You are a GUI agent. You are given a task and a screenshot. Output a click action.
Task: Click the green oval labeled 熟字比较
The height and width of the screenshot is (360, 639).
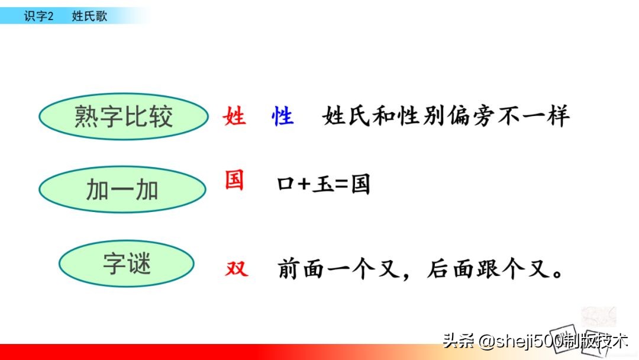point(124,117)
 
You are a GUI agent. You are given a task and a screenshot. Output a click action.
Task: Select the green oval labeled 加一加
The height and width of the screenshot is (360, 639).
point(122,190)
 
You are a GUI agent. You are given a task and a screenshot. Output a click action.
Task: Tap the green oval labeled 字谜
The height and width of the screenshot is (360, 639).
point(127,263)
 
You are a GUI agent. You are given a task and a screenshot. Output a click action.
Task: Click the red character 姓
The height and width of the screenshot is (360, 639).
point(234,117)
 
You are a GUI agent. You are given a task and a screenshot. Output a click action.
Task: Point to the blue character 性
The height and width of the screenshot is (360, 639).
point(282,117)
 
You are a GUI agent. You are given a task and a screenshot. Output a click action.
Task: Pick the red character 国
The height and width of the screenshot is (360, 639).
point(234,180)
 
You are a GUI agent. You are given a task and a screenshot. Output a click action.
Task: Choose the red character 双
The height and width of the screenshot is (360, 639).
point(237,269)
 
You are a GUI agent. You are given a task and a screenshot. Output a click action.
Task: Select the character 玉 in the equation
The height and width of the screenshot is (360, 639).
point(323,185)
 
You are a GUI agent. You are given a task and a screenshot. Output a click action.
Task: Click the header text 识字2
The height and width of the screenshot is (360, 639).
point(38,17)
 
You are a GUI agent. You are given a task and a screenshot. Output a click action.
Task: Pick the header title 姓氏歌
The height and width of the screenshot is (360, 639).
point(89,17)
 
